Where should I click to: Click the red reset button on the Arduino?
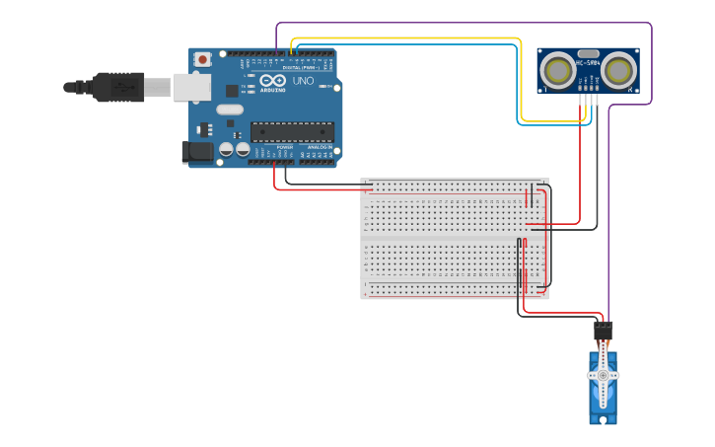tap(203, 59)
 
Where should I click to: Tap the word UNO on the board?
tap(304, 81)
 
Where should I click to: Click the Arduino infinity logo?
tap(273, 80)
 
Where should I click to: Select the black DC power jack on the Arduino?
tap(197, 152)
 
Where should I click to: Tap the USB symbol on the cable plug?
tap(123, 87)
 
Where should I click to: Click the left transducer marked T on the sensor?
tap(559, 71)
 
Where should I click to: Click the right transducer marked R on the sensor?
tap(618, 71)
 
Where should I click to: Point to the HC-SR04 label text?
tap(589, 63)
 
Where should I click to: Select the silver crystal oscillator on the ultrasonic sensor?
tap(589, 53)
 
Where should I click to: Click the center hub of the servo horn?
tap(603, 376)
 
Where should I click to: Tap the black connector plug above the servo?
tap(603, 330)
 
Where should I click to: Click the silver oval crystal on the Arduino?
tap(229, 110)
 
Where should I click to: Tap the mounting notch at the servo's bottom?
tap(603, 420)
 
